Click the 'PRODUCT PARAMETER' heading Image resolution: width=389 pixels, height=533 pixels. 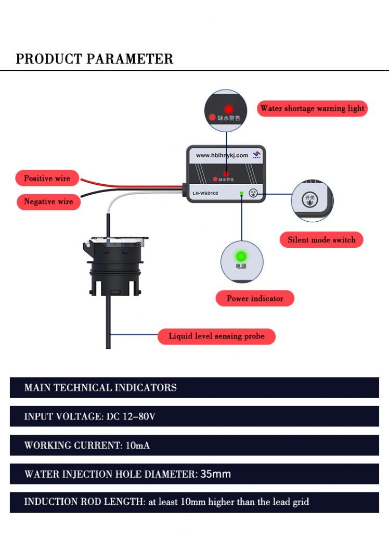click(x=94, y=59)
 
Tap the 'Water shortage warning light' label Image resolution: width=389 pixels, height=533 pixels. click(x=312, y=108)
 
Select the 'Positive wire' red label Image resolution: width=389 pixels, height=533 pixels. click(x=47, y=178)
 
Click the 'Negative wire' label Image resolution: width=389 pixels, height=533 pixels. click(x=48, y=201)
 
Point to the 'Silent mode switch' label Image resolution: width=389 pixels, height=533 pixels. click(x=321, y=240)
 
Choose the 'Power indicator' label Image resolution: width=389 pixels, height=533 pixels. click(x=255, y=298)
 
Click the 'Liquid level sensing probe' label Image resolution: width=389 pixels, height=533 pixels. click(x=216, y=336)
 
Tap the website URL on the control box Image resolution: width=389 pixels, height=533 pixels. click(x=222, y=155)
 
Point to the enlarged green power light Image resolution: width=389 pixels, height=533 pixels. click(x=241, y=257)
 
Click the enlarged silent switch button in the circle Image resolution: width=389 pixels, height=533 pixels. click(x=311, y=199)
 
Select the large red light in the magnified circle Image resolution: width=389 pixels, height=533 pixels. click(x=228, y=109)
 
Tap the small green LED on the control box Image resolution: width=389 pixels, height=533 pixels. click(x=241, y=193)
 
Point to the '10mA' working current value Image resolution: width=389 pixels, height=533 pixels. click(x=138, y=446)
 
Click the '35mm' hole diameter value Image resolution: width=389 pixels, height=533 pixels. click(x=215, y=474)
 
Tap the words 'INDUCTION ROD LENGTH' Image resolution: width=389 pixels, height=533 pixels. click(x=84, y=502)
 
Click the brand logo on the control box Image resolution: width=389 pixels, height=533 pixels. click(x=256, y=155)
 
